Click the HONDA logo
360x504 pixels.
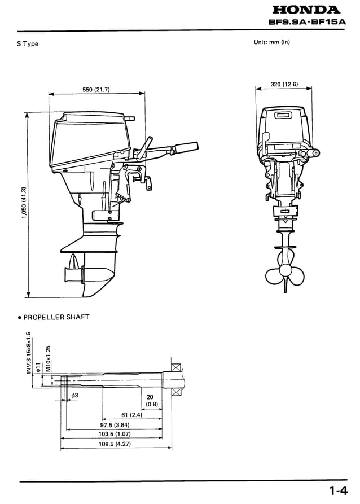pos(306,10)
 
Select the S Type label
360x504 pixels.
pos(27,44)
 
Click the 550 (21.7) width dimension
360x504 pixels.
pos(96,89)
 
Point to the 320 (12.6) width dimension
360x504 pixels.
pos(283,84)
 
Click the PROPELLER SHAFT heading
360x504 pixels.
pos(54,317)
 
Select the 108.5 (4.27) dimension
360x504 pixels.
pos(116,444)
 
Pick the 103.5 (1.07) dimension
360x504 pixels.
pos(116,435)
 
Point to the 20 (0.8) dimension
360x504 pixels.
pos(152,401)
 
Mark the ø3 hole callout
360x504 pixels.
pos(73,396)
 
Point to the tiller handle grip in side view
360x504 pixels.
pos(186,148)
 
